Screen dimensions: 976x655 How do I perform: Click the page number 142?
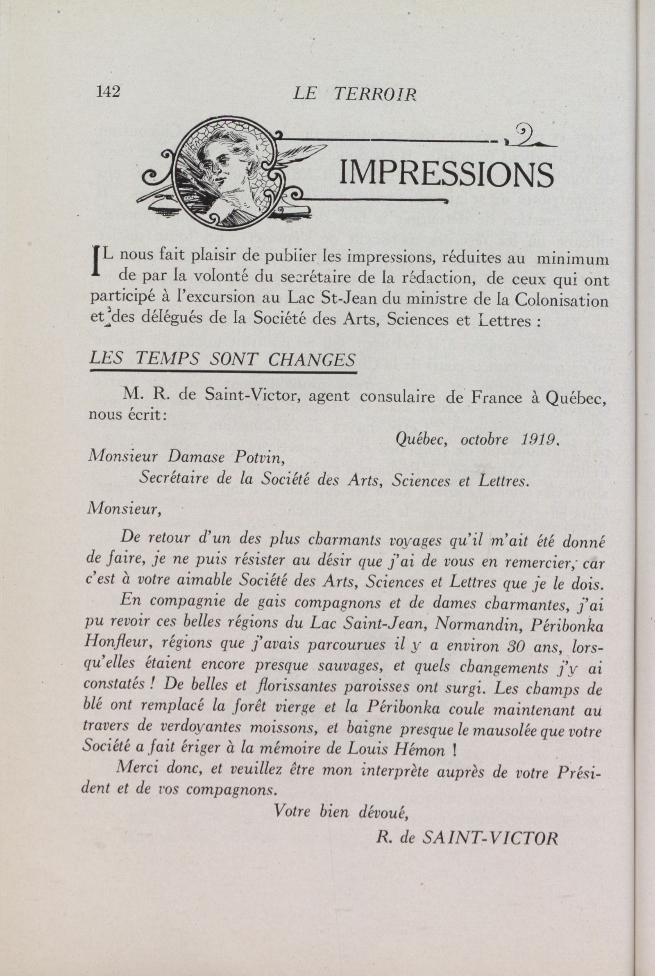[x=108, y=91]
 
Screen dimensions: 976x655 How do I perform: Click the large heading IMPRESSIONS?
[x=446, y=175]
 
